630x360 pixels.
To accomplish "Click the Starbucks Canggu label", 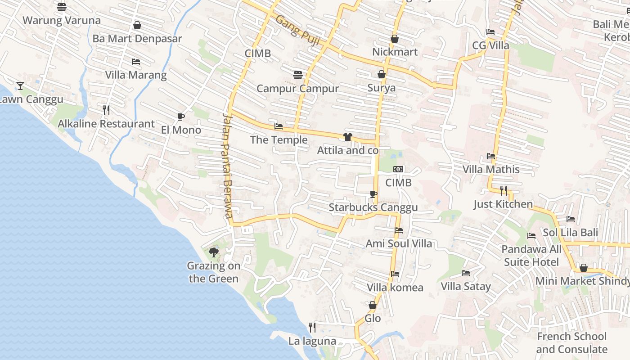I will [x=373, y=207].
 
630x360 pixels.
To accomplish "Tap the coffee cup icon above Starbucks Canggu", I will [x=373, y=194].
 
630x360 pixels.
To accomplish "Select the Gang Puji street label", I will [x=297, y=31].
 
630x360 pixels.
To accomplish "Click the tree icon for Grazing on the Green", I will [x=214, y=252].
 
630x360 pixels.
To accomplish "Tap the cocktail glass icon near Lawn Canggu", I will [x=20, y=85].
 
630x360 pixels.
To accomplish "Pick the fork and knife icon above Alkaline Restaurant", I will [x=106, y=110].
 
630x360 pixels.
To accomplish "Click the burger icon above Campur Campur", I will [x=297, y=75].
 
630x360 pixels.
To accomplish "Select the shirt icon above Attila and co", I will [x=347, y=137].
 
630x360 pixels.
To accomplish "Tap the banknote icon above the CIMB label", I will [x=398, y=169].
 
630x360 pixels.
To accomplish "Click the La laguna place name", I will [x=312, y=341].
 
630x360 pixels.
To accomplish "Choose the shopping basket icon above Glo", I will [x=373, y=305].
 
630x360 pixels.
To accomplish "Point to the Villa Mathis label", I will [x=491, y=170].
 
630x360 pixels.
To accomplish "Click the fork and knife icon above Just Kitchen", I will [x=504, y=191].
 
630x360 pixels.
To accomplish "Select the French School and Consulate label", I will [x=571, y=343].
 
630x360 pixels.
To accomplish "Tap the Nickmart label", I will [x=395, y=52].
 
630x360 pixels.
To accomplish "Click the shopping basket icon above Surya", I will [x=382, y=74].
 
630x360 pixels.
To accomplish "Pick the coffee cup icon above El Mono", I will [x=181, y=117].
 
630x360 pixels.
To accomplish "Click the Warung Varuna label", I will [x=62, y=20].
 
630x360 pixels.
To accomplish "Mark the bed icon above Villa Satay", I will [x=466, y=273].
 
